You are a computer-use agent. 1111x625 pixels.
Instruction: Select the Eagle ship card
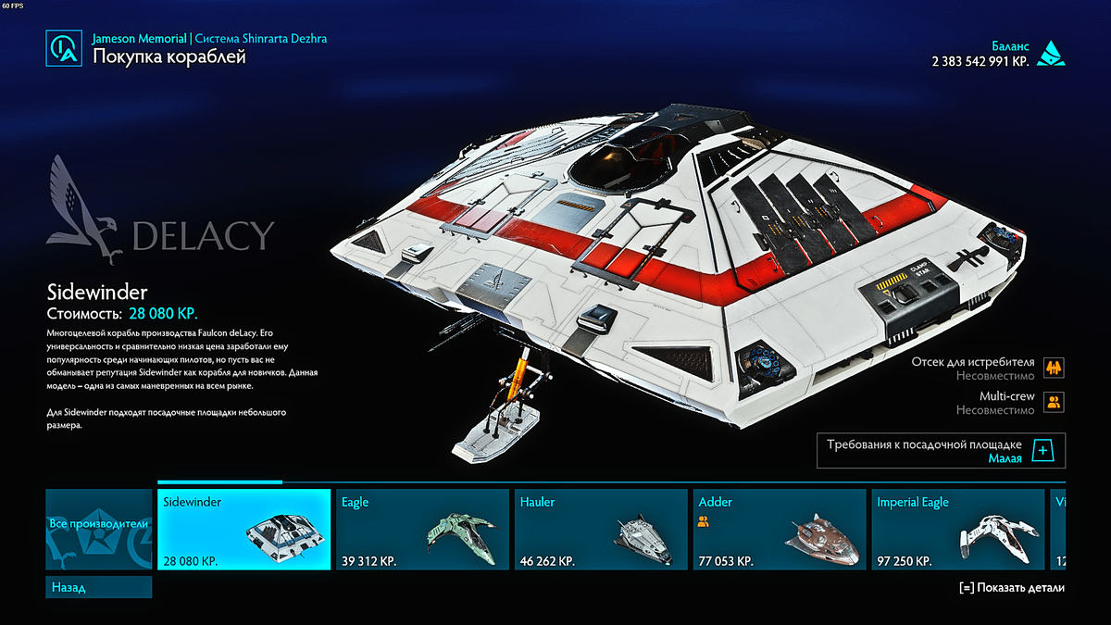(421, 530)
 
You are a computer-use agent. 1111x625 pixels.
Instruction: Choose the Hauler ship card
(601, 530)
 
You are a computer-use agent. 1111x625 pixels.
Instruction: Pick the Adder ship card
(780, 530)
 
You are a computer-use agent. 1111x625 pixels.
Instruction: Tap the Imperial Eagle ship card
(957, 530)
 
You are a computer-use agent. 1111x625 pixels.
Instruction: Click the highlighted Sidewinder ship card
(243, 530)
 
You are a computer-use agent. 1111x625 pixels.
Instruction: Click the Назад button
(98, 587)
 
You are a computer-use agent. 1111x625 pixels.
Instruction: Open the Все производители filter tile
(98, 529)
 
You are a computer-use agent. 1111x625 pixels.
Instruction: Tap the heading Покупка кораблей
(169, 57)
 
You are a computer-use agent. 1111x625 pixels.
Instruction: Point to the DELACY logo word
(203, 236)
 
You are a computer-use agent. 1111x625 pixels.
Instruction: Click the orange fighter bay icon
(1053, 368)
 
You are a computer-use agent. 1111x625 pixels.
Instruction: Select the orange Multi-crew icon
(1053, 402)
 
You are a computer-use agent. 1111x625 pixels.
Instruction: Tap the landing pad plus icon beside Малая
(1042, 451)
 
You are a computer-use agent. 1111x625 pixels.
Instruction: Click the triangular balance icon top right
(1050, 53)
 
